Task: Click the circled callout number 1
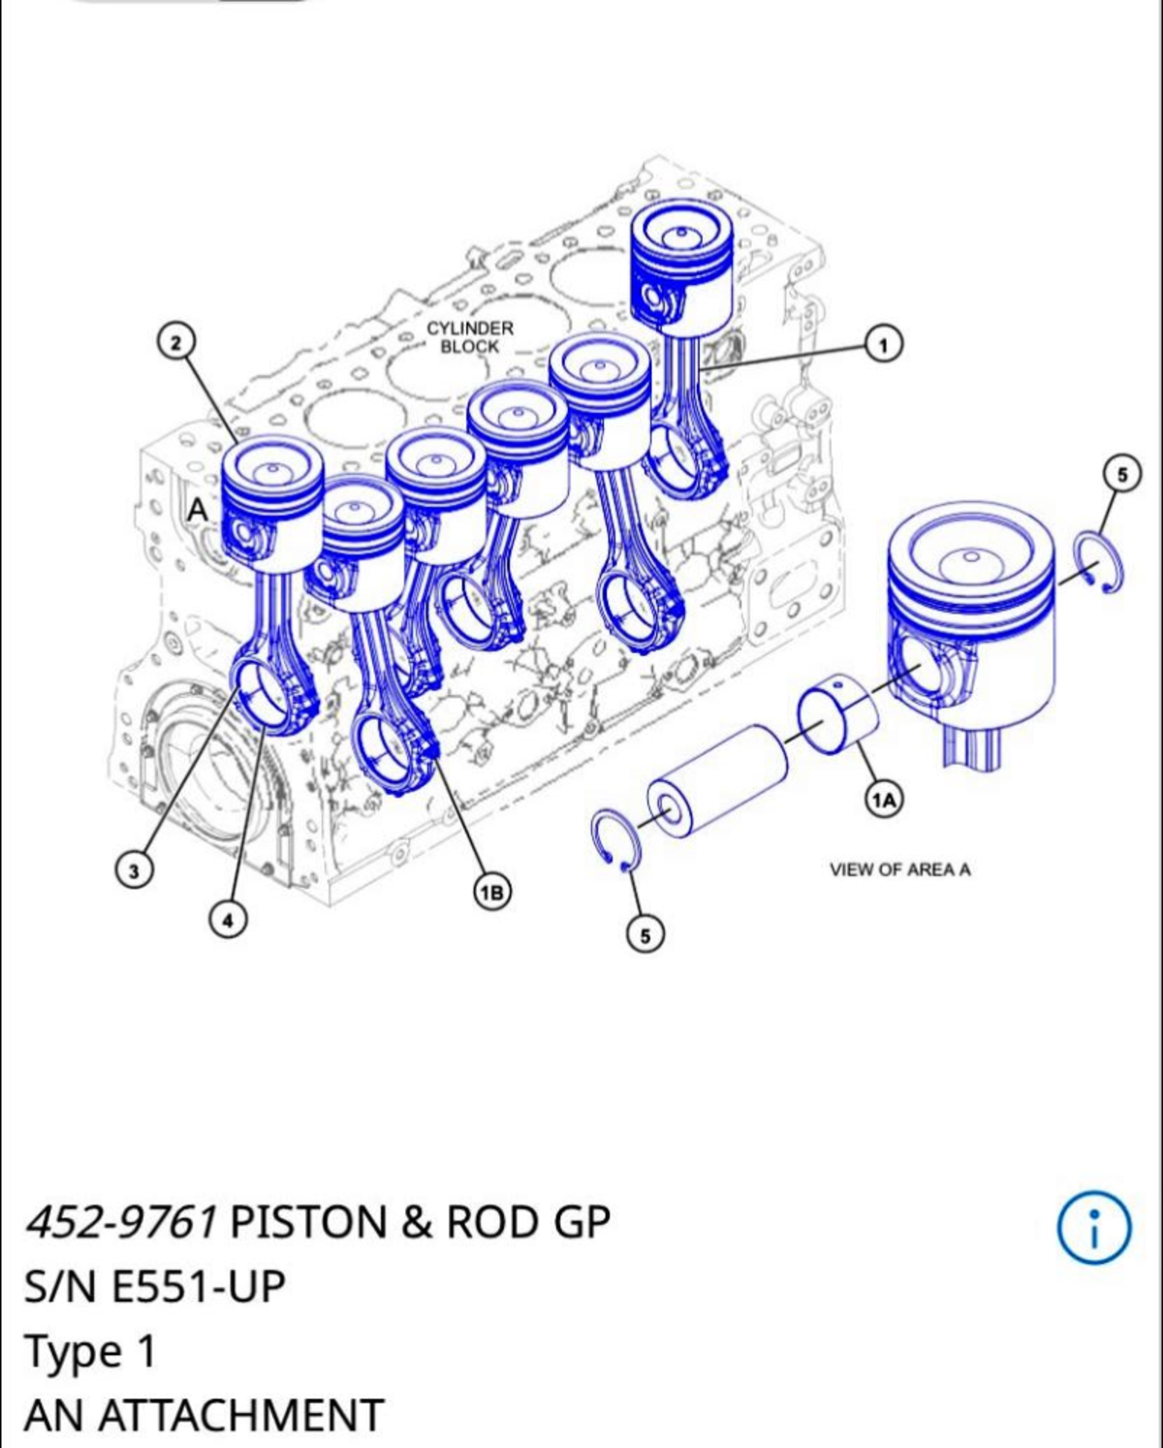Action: tap(883, 343)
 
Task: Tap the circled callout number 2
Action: tap(175, 341)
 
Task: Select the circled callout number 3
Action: tap(134, 869)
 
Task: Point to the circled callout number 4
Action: tap(228, 920)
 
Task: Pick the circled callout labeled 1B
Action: tap(491, 891)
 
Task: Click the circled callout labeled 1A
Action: tap(883, 799)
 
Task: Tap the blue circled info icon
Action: tap(1093, 1228)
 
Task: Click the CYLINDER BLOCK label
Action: tap(470, 337)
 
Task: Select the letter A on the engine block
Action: tap(198, 509)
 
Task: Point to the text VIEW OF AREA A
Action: tap(899, 869)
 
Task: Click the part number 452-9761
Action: tap(121, 1222)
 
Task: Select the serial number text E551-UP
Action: tap(199, 1287)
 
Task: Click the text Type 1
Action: tap(90, 1351)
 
